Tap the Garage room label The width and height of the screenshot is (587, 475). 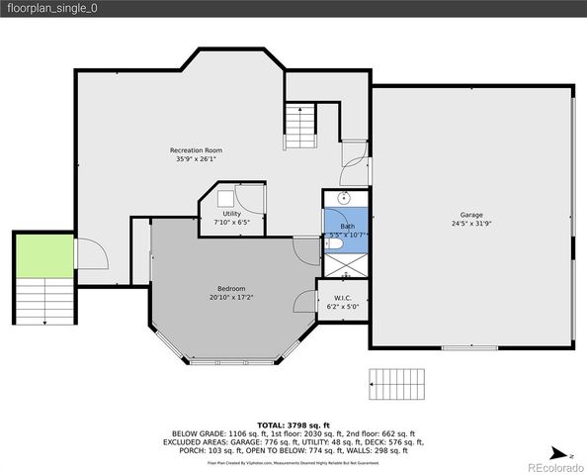coord(470,215)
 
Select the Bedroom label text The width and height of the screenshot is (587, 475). coord(231,288)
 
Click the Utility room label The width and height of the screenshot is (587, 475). coord(231,214)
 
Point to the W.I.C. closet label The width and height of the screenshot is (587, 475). coord(343,298)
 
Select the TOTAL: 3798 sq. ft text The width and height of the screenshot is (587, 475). coord(293,423)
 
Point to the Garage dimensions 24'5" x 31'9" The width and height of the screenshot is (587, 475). coord(470,224)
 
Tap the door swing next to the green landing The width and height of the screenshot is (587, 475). coord(92,254)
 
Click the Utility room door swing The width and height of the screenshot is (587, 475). coord(255,200)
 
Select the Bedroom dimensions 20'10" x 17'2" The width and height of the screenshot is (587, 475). coord(231,297)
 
